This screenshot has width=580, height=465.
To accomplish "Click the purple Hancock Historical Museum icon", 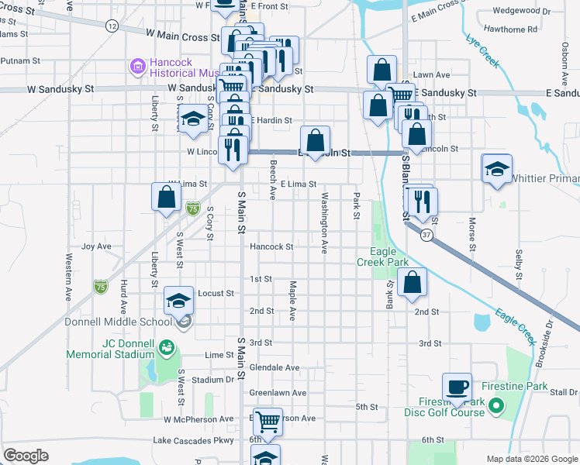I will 139,67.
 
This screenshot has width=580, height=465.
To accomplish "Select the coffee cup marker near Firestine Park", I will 457,387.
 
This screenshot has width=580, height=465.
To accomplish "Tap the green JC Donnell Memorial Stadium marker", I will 166,348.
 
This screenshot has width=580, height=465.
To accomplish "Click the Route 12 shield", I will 112,26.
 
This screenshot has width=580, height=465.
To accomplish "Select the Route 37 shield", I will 426,233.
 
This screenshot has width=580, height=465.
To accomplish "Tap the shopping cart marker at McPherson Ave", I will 268,422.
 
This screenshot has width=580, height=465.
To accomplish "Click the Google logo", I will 26,455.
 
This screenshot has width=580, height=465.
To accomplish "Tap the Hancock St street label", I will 271,246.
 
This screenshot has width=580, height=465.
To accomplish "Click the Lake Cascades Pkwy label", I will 193,440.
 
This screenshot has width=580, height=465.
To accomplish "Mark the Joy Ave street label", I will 96,246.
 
